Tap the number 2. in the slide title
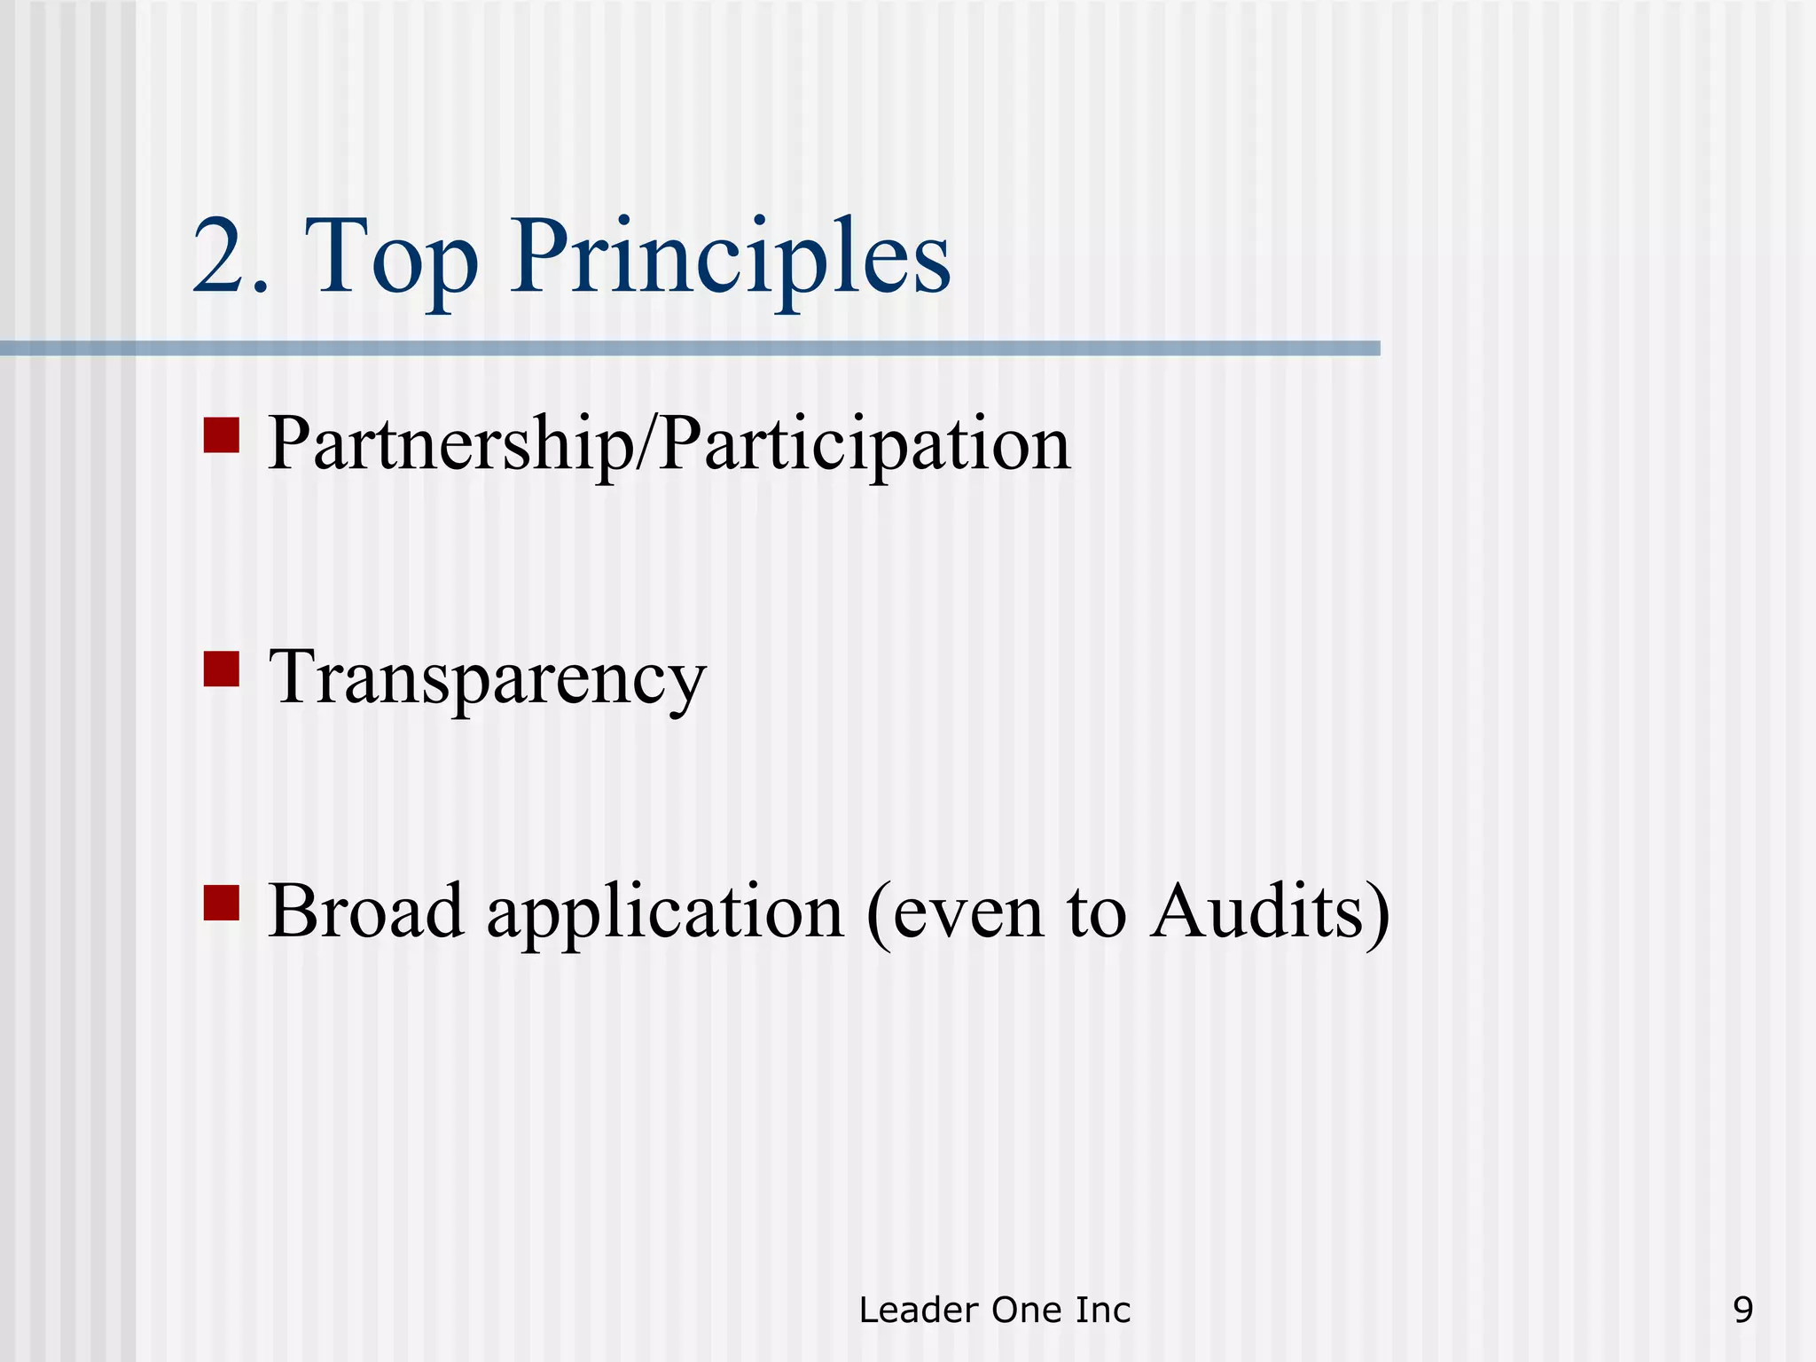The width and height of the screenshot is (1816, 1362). [230, 259]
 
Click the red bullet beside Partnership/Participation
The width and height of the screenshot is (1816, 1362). [221, 435]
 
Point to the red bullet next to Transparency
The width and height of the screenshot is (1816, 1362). [221, 669]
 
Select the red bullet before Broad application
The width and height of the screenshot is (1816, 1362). [221, 903]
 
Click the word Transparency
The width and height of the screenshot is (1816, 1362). [487, 678]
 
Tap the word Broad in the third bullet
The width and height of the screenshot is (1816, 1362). [365, 911]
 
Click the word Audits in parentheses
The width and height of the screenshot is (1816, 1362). [1257, 911]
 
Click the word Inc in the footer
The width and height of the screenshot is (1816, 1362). [1103, 1310]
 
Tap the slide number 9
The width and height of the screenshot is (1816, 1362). [1742, 1310]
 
